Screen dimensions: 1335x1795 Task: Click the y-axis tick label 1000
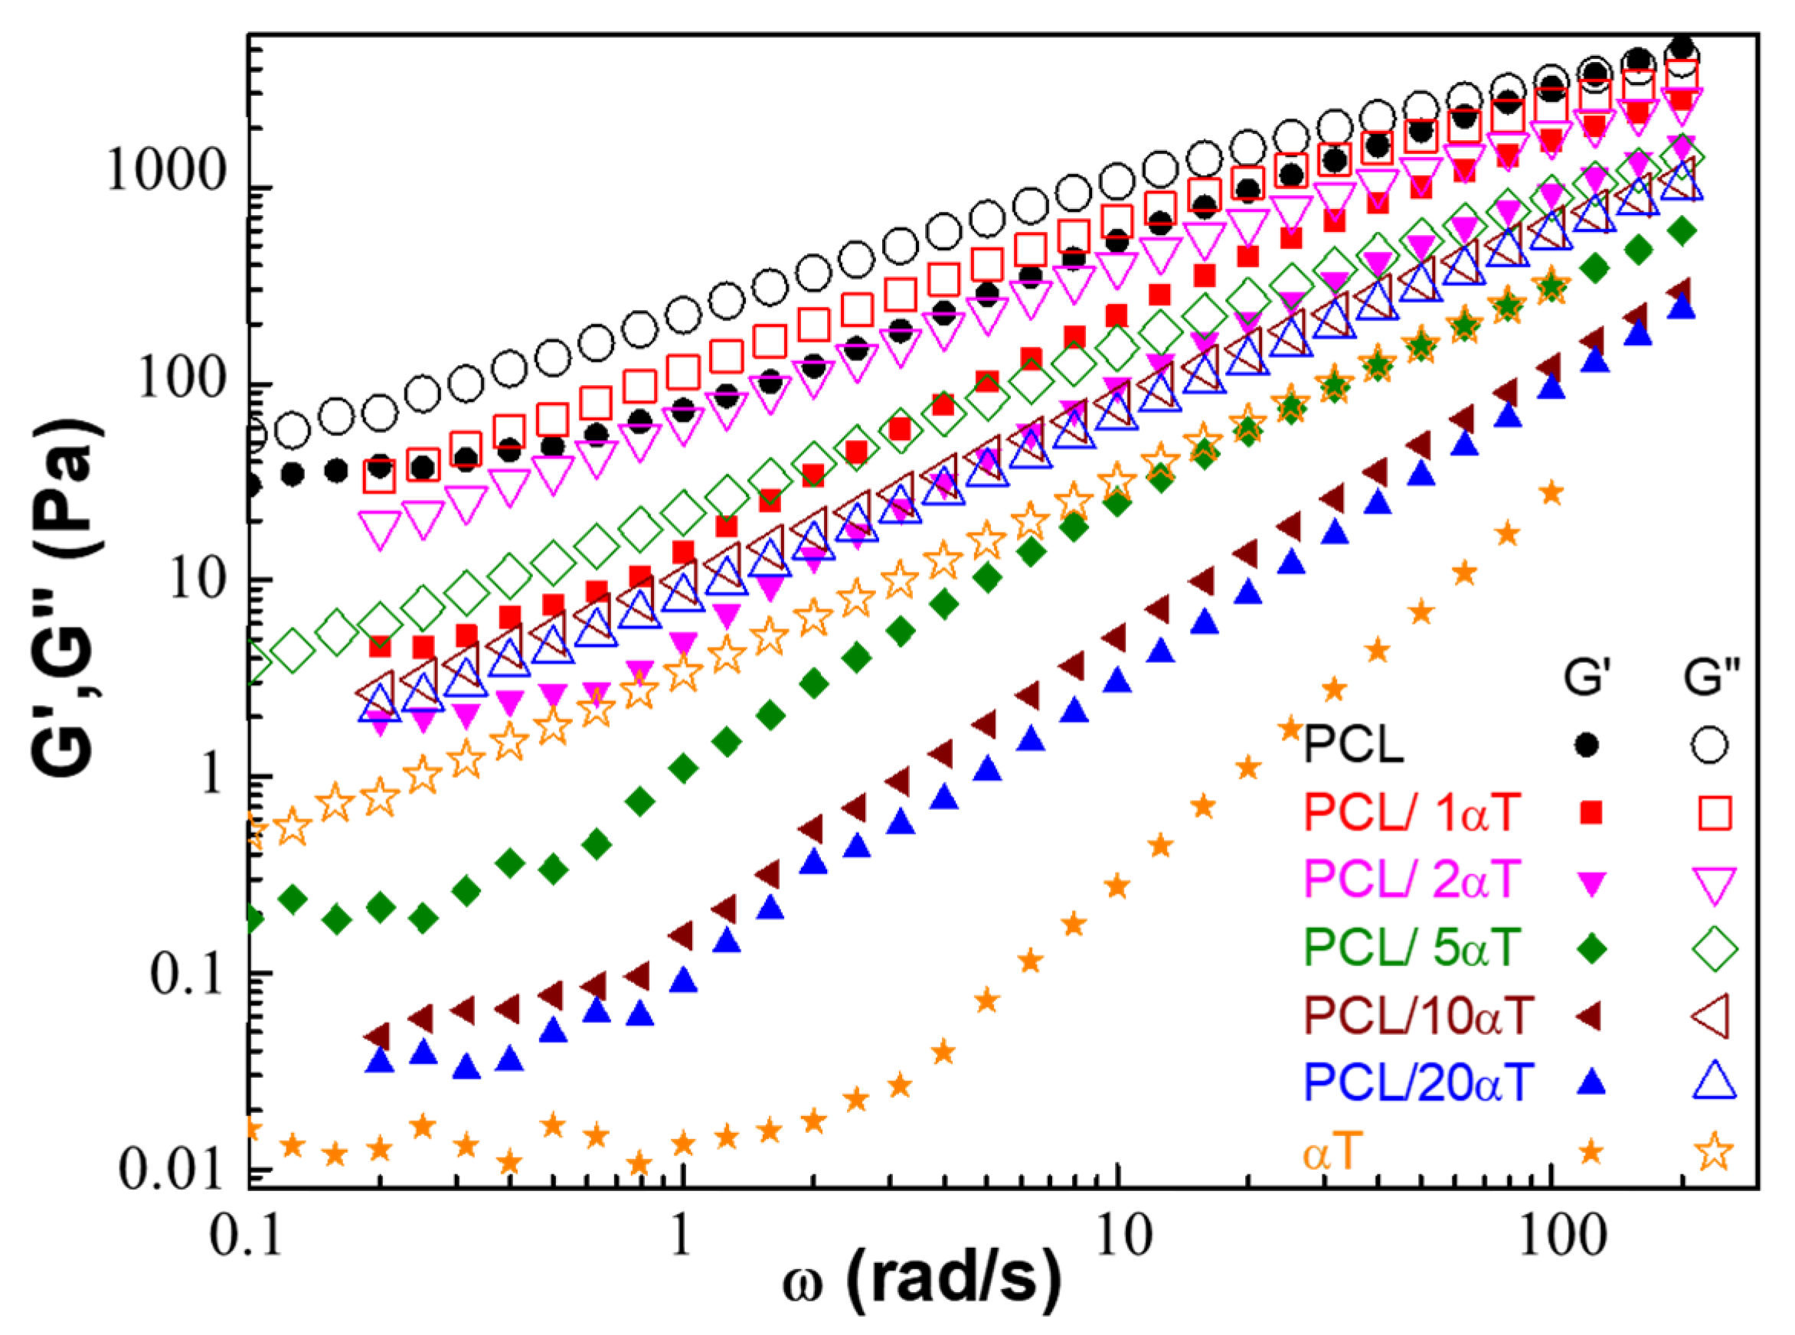coord(165,171)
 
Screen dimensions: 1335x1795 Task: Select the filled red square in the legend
coord(1591,813)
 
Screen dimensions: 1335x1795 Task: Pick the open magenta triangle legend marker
coord(1713,883)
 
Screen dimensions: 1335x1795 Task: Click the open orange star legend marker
coord(1713,1151)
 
